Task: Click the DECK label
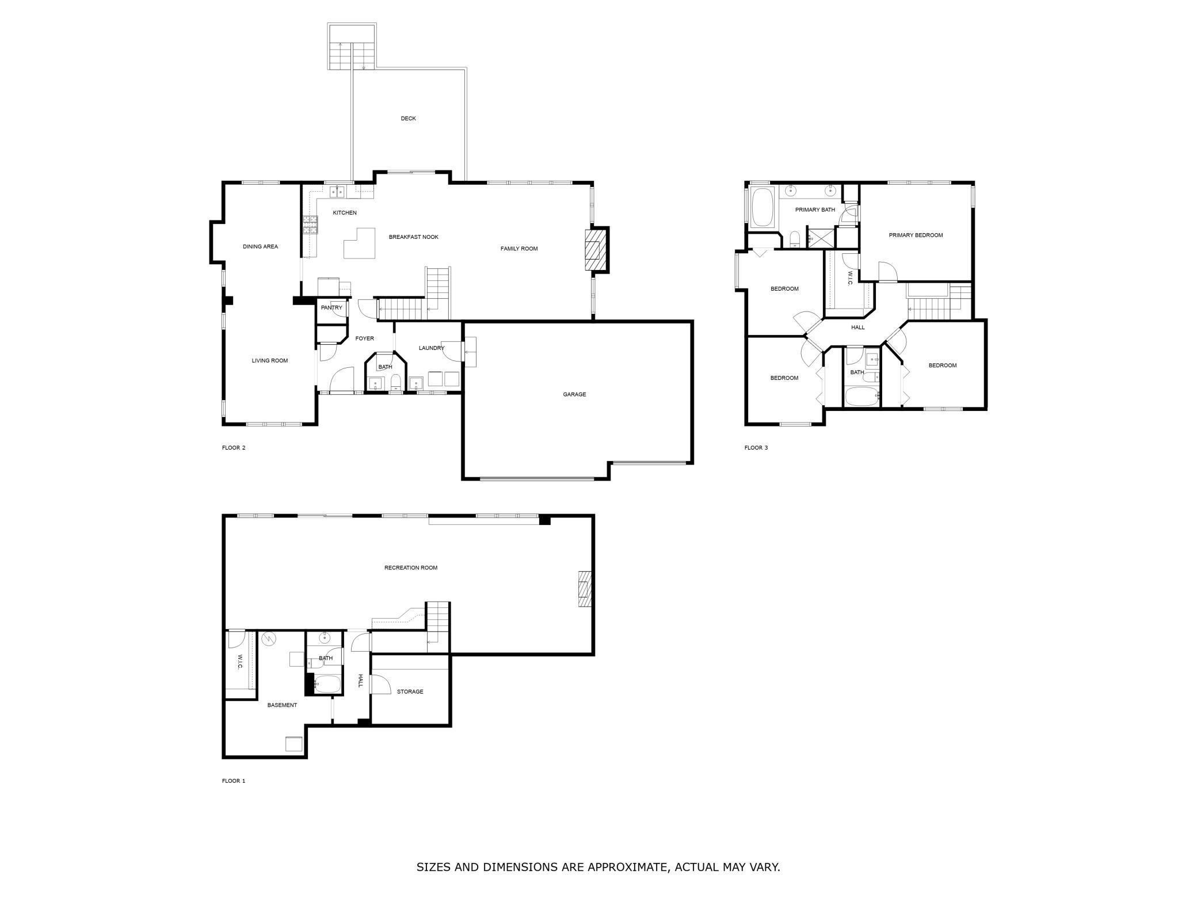tap(408, 119)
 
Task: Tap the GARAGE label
tap(574, 394)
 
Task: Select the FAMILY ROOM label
tap(519, 249)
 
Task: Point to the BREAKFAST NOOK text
tap(413, 237)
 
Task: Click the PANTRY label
tap(331, 307)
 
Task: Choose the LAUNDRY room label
tap(432, 348)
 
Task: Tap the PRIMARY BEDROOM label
tap(916, 235)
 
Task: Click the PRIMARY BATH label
tap(815, 210)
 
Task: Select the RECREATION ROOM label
tap(411, 568)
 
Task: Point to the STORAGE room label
tap(410, 691)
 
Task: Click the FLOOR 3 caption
tap(756, 448)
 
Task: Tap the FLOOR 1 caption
tap(234, 781)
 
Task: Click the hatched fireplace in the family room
tap(596, 250)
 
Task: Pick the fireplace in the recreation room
tap(585, 588)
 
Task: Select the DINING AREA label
tap(260, 246)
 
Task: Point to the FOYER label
tap(364, 338)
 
